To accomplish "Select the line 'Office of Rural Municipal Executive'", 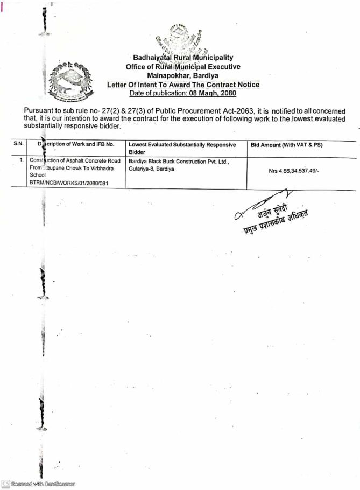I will pyautogui.click(x=183, y=67).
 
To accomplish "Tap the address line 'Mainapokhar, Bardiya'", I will pyautogui.click(x=183, y=75).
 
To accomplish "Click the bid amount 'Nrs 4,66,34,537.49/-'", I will pyautogui.click(x=298, y=172).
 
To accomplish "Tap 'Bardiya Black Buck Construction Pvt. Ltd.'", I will pyautogui.click(x=179, y=161).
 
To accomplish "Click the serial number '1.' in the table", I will pyautogui.click(x=21, y=160).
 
